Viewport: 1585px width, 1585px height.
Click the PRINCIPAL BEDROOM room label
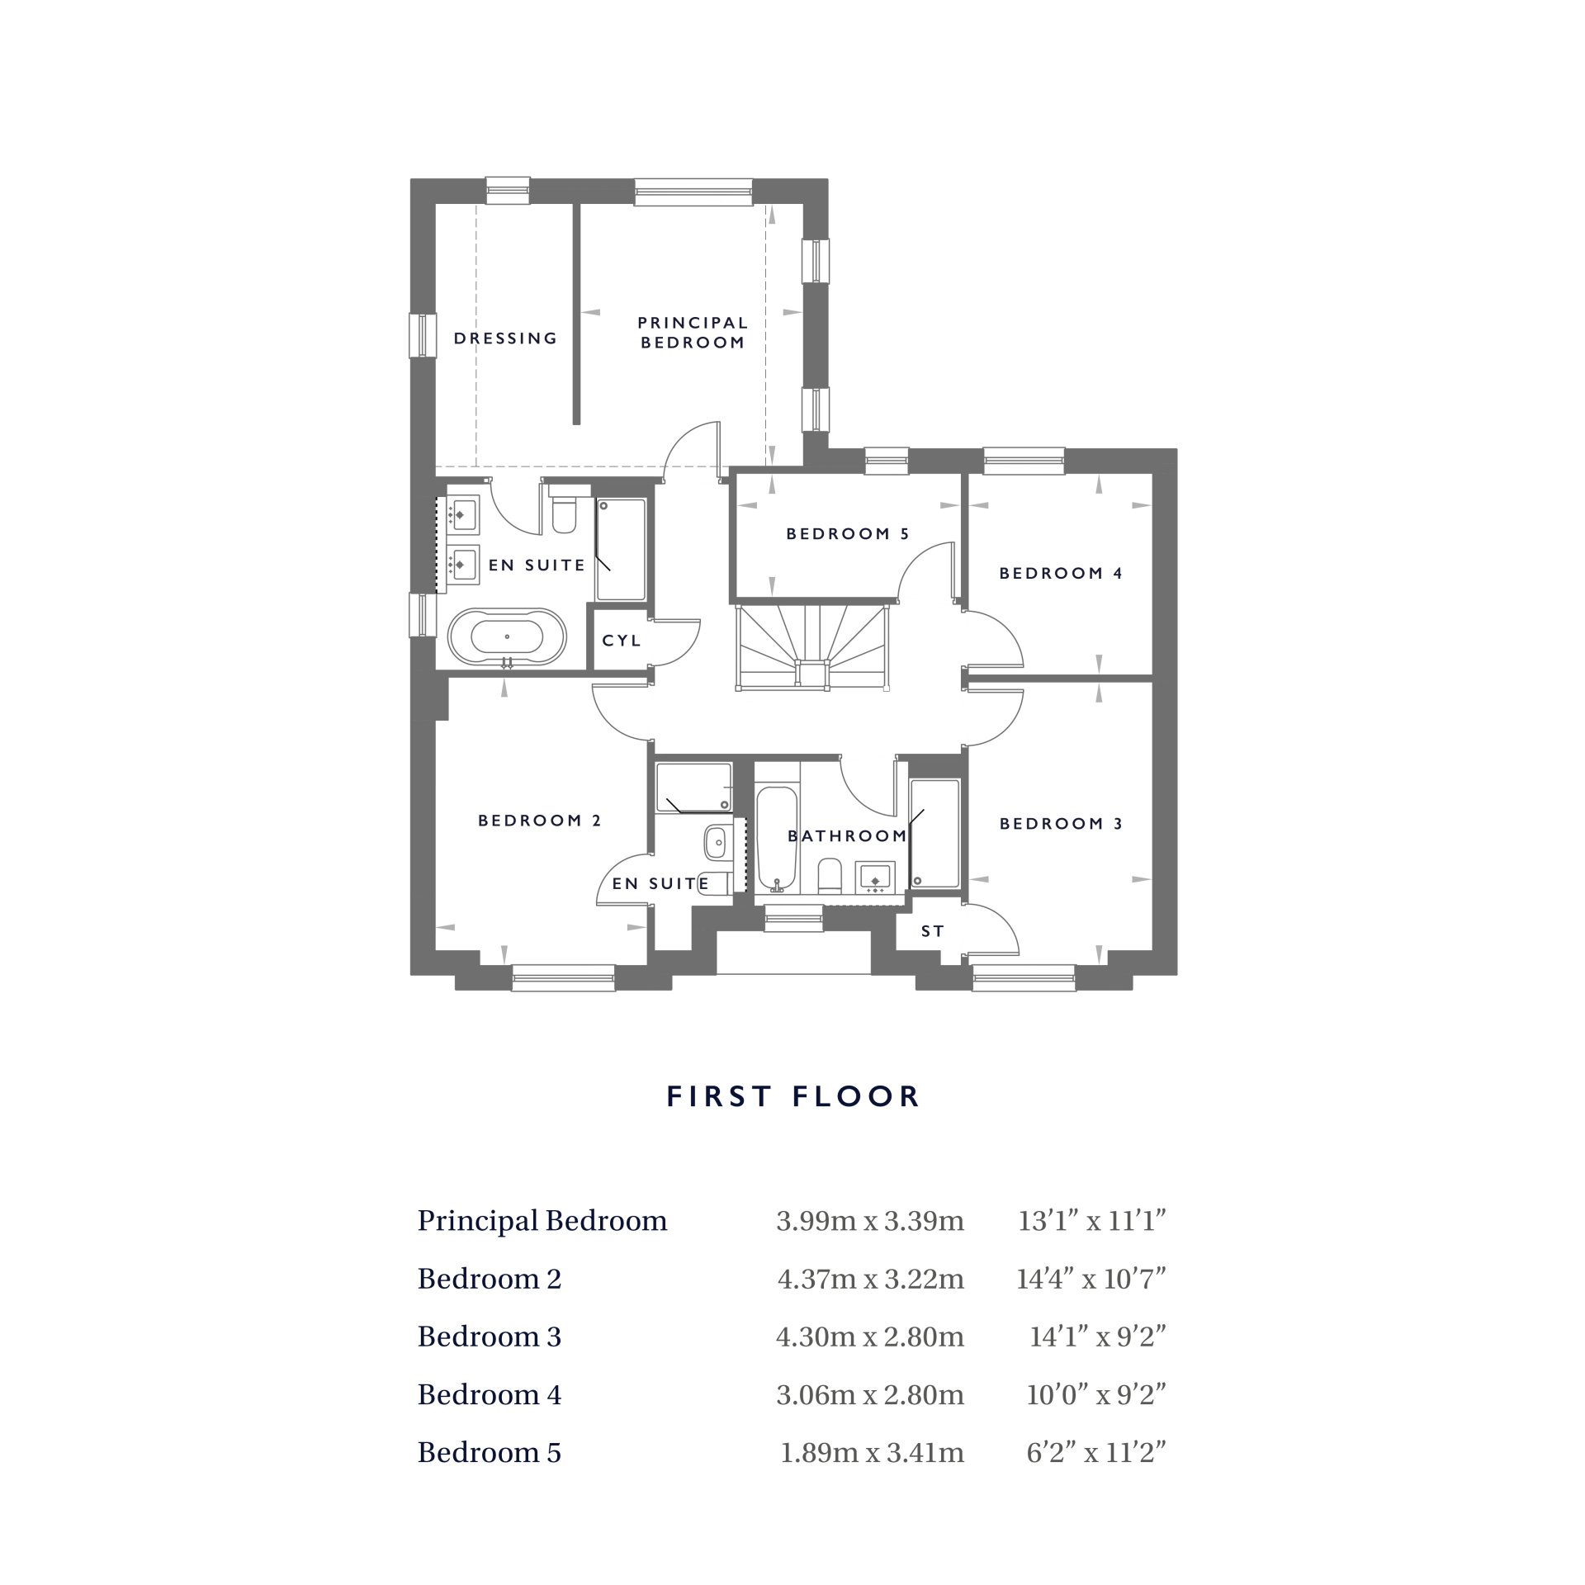tap(693, 332)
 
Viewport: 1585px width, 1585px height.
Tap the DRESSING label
tap(505, 338)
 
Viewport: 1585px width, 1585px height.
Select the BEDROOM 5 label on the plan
tap(847, 534)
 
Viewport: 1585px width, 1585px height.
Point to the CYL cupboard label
tap(621, 641)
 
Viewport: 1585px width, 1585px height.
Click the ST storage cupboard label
tap(932, 931)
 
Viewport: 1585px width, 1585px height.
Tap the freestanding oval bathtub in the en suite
tap(507, 637)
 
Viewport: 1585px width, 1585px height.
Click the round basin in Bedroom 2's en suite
tap(715, 844)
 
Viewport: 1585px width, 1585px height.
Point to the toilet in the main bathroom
tap(829, 875)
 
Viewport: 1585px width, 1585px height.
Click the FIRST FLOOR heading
tap(792, 1096)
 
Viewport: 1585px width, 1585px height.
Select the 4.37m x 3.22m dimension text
tap(870, 1279)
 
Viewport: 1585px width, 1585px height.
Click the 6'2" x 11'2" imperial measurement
tap(1095, 1452)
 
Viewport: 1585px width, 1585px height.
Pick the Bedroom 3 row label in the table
tap(489, 1337)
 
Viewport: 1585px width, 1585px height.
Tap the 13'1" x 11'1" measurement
tap(1091, 1221)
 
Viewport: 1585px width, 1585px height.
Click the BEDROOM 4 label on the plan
tap(1061, 573)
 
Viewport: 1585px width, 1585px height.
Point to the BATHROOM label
tap(847, 836)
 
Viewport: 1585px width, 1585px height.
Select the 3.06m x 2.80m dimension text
tap(870, 1394)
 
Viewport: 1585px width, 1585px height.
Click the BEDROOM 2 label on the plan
tap(539, 821)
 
